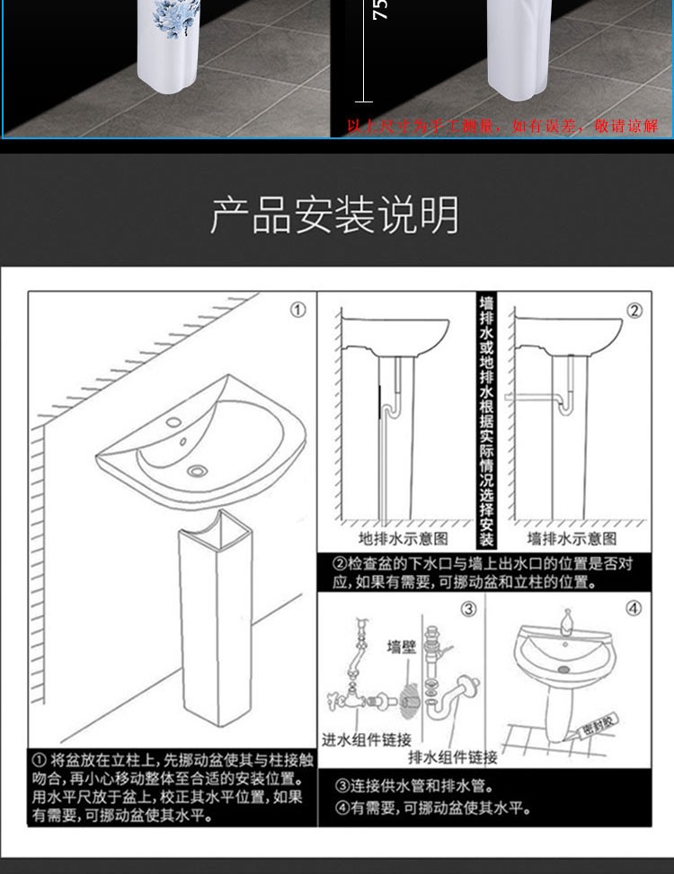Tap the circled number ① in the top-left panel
point(297,310)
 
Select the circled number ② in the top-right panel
point(634,311)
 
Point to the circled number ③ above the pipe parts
point(468,609)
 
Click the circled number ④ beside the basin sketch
point(634,609)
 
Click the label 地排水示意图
point(404,539)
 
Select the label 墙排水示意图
point(572,539)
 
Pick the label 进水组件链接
point(367,740)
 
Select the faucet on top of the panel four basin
point(567,621)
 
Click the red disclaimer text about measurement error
point(502,127)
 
